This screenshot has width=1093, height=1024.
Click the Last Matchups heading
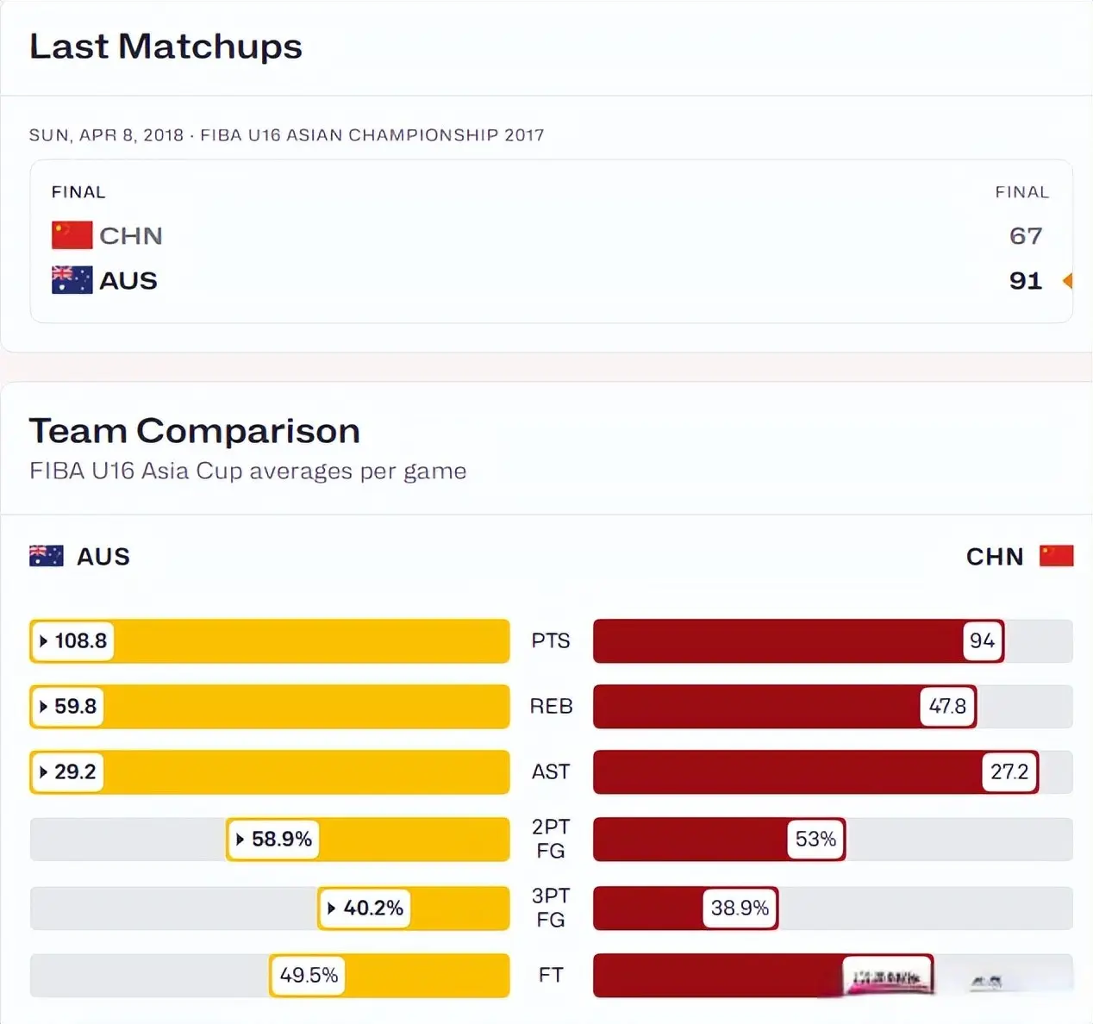click(166, 47)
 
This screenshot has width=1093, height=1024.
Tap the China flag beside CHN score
click(72, 235)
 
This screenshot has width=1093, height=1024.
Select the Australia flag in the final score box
click(72, 280)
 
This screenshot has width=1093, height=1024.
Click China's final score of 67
click(1026, 236)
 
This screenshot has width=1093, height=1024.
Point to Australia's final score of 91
click(1026, 281)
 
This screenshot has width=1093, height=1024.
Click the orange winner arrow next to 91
click(1068, 281)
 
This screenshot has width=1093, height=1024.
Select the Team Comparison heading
click(194, 431)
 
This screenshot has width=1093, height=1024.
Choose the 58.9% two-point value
click(273, 840)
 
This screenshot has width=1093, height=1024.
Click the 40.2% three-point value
click(365, 908)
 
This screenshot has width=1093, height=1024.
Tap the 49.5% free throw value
click(308, 976)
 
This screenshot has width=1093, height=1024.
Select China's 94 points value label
click(982, 641)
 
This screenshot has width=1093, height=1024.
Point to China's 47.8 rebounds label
click(947, 707)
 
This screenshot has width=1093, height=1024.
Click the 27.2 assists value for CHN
click(1009, 772)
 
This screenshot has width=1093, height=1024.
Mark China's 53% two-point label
click(815, 840)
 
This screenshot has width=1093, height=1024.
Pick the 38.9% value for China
click(740, 908)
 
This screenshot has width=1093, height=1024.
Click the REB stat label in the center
click(551, 707)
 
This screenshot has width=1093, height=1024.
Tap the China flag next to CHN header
click(1056, 556)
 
